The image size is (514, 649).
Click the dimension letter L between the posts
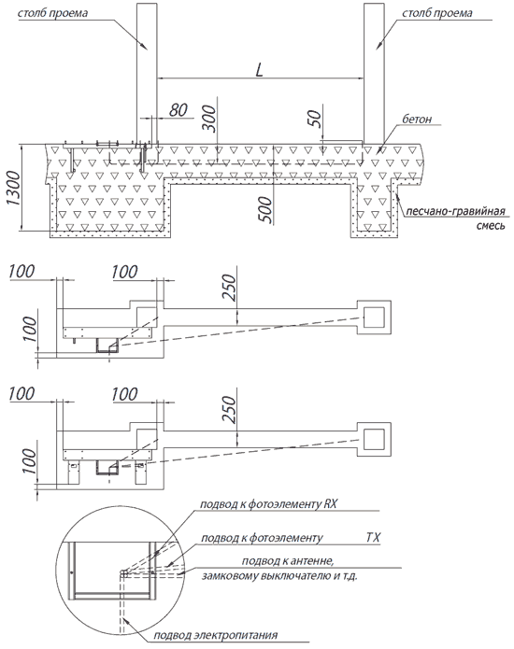click(259, 69)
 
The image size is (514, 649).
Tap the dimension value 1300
click(13, 189)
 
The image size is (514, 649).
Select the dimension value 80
click(178, 110)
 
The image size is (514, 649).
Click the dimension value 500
click(266, 210)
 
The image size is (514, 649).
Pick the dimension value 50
click(315, 119)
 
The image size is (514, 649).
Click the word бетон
click(417, 120)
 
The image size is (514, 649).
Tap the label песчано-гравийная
click(455, 211)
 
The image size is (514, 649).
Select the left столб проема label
click(52, 13)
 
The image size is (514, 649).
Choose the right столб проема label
click(437, 13)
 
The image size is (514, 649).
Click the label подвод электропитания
click(215, 635)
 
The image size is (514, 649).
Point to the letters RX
click(331, 503)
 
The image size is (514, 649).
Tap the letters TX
click(373, 537)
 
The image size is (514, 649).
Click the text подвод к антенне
click(288, 561)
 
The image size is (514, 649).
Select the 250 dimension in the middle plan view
click(229, 288)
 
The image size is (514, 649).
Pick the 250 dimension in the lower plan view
click(229, 409)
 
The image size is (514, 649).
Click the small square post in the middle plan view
click(374, 317)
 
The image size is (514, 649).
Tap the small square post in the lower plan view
click(374, 440)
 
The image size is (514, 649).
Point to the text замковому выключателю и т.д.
click(279, 576)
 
